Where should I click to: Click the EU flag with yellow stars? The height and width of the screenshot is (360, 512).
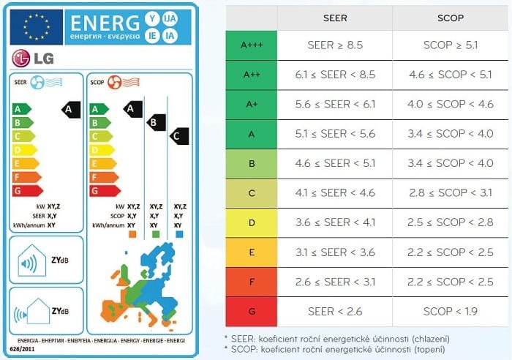pos(36,27)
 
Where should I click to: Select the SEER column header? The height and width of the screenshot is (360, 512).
pos(334,18)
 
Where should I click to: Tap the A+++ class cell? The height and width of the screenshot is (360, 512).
pos(251,45)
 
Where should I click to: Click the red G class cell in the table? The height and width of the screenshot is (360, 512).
pos(251,312)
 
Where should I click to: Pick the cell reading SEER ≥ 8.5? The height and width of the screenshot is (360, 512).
pos(334,45)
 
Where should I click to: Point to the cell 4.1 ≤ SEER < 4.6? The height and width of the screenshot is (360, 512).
pos(334,193)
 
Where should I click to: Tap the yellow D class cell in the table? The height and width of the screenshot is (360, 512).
pos(251,222)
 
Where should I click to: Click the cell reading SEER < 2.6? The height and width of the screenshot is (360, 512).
pos(334,312)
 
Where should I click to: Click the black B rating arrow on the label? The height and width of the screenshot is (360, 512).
pos(156,122)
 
